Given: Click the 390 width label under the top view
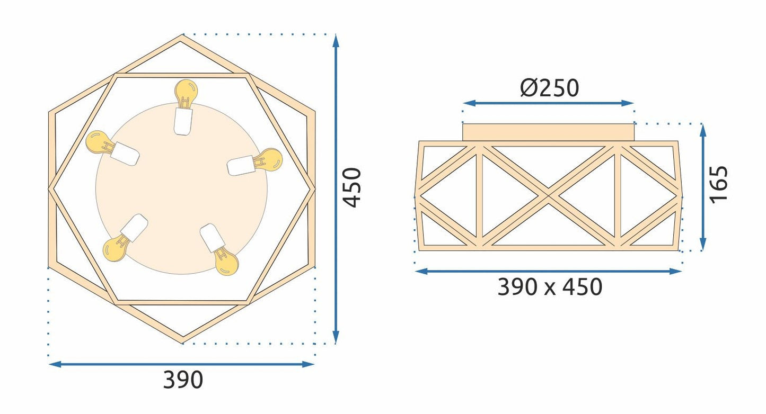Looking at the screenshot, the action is (183, 380).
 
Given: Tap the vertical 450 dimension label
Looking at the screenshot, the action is (352, 187).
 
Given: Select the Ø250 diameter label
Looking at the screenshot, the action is (550, 88).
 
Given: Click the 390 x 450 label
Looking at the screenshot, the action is (550, 286).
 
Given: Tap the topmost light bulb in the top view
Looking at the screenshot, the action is (185, 107).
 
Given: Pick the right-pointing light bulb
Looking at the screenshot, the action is (255, 161).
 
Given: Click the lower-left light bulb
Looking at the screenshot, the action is (125, 238).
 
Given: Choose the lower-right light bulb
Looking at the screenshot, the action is (219, 249).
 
